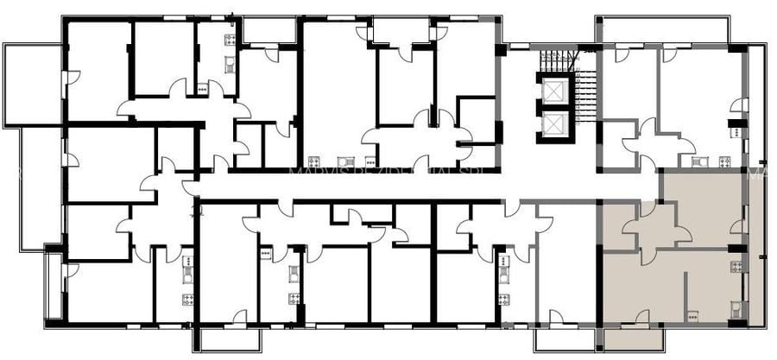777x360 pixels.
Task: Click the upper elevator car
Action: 552,92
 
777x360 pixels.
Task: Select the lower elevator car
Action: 552,125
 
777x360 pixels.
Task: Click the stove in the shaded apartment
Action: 736,267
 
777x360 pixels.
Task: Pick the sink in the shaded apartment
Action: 736,307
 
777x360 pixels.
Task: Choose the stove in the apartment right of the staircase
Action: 724,161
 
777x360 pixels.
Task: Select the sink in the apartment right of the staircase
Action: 700,161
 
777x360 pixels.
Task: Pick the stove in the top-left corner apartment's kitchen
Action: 231,40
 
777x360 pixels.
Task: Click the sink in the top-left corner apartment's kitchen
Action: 231,62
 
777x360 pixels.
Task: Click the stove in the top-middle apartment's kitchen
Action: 315,161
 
